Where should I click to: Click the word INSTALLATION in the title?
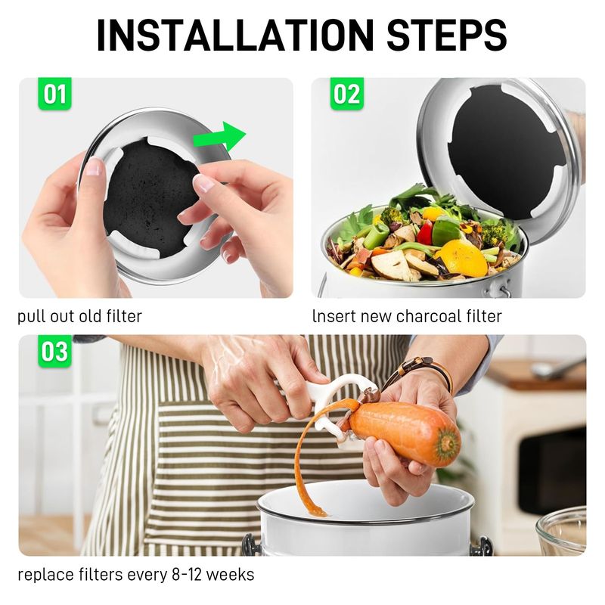coord(235,35)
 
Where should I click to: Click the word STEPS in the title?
coord(446,35)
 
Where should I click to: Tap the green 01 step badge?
coord(54,94)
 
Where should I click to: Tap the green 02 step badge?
coord(347,94)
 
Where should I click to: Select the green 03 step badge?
coord(54,351)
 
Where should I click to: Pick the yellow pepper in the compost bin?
coord(461,257)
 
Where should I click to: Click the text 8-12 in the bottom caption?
coord(186,575)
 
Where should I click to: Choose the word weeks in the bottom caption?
coord(230,575)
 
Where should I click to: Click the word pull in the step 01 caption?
coord(29,317)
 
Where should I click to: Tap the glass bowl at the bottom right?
coord(561,532)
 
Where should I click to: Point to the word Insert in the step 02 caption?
coord(334,316)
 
